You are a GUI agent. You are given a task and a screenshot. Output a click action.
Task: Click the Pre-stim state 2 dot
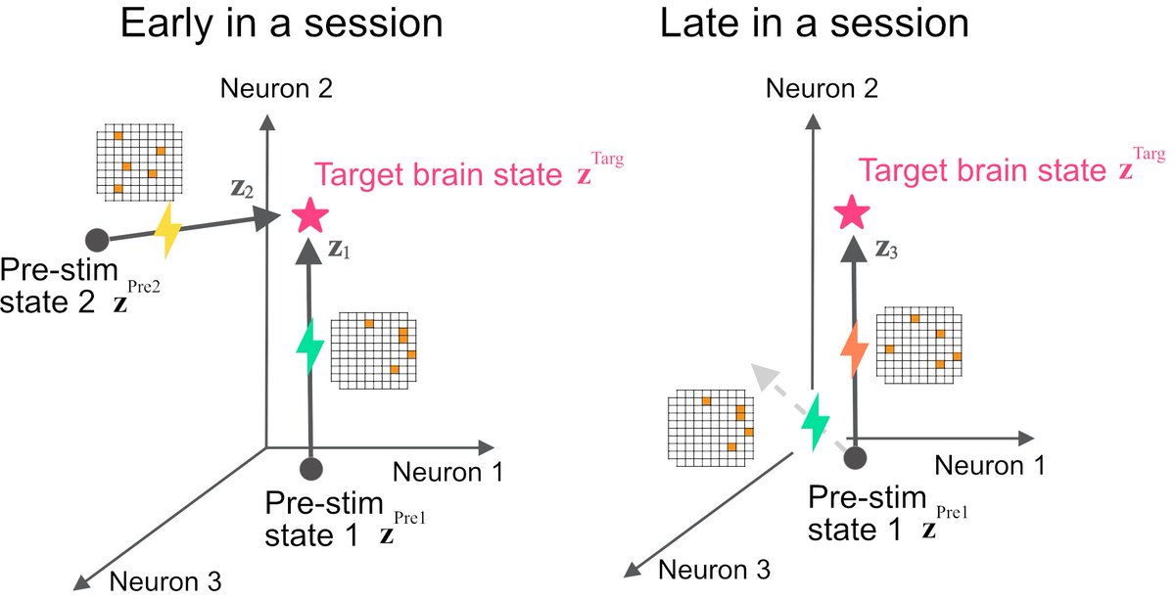tap(96, 240)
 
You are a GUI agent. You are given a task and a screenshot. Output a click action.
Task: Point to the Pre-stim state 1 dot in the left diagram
tap(312, 468)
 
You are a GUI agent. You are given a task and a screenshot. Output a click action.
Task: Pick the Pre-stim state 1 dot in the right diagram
tap(856, 455)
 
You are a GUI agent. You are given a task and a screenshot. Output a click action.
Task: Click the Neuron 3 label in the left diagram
tap(165, 580)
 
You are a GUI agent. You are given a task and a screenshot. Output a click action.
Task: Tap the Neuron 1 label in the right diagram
tap(989, 463)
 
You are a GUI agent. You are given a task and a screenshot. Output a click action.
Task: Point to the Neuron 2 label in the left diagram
tap(278, 90)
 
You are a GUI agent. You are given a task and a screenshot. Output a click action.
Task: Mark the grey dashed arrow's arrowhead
tap(760, 373)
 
